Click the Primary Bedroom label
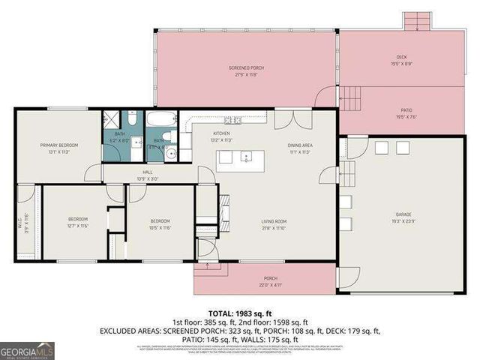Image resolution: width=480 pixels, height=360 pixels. pyautogui.click(x=59, y=145)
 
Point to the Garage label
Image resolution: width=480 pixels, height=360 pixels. pyautogui.click(x=403, y=214)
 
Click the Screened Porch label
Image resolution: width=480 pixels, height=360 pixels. pyautogui.click(x=246, y=68)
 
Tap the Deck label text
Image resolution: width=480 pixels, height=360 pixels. pyautogui.click(x=401, y=58)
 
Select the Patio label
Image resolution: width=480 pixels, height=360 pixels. pyautogui.click(x=402, y=109)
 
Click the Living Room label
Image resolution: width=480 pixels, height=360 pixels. pyautogui.click(x=274, y=221)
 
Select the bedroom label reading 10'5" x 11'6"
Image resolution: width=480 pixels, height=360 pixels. pyautogui.click(x=160, y=223)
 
